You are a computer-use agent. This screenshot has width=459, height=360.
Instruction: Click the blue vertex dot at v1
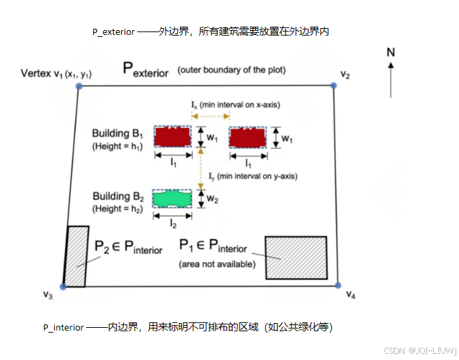tap(79, 86)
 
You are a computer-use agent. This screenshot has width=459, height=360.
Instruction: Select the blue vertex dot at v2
tap(334, 85)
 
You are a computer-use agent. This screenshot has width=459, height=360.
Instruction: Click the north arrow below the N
tap(391, 79)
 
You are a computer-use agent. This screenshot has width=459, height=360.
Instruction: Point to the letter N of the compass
tap(391, 52)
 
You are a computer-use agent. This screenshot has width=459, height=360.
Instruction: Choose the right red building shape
tap(248, 137)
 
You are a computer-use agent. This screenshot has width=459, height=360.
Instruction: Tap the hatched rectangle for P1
tap(295, 257)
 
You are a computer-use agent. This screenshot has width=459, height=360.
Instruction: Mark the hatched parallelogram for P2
tap(76, 256)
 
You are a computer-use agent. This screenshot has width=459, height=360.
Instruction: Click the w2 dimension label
tap(213, 199)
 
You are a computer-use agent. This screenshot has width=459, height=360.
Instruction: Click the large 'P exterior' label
tap(145, 69)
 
